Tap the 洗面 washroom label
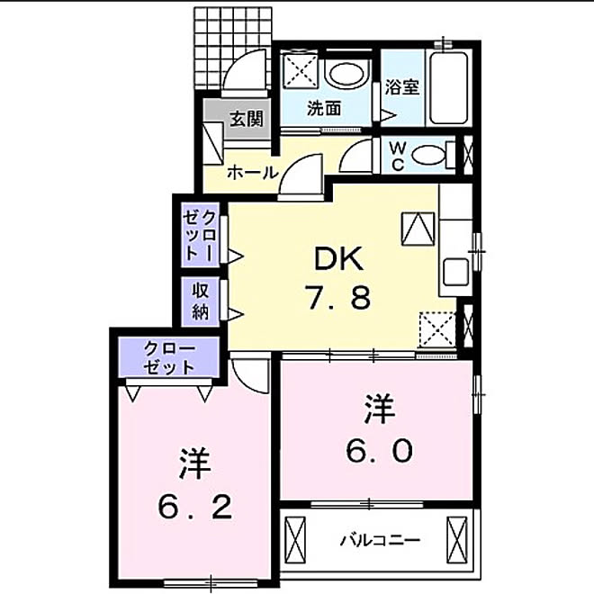click(x=324, y=110)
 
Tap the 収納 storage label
click(x=200, y=301)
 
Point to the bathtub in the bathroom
click(x=447, y=88)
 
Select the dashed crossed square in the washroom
click(x=298, y=70)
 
